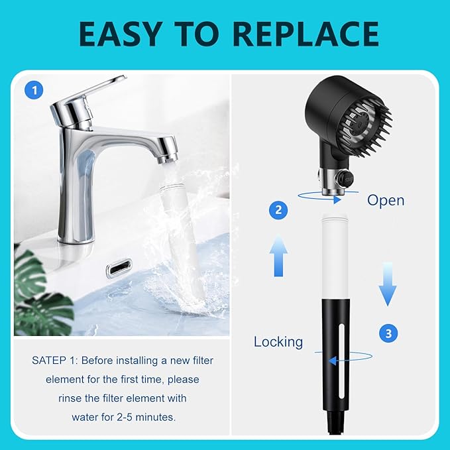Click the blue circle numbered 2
tap(279, 210)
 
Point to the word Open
tap(386, 200)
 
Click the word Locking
tap(278, 342)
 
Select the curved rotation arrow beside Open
tap(319, 197)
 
